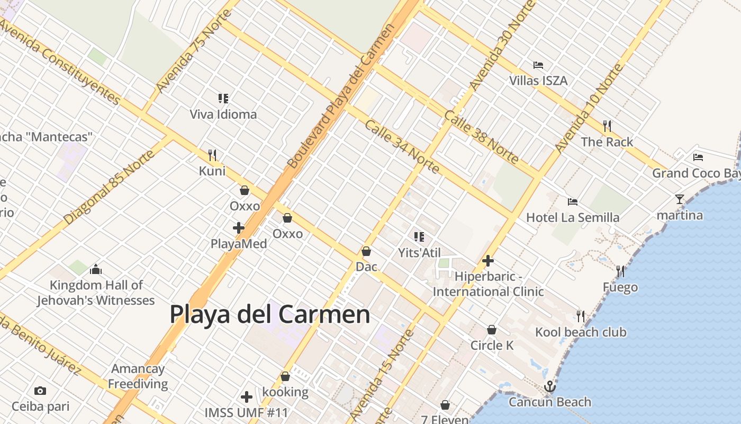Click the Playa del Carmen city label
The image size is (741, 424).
(x=269, y=314)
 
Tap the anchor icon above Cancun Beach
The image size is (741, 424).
(x=549, y=386)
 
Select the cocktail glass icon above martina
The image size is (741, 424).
(x=680, y=199)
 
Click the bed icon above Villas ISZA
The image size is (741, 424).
(x=538, y=65)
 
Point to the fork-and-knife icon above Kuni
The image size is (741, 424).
(x=212, y=155)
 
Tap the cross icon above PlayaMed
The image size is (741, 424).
(x=239, y=228)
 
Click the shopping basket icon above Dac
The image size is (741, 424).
(x=366, y=251)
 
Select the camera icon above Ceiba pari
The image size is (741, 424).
(x=40, y=391)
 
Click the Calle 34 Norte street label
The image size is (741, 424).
(x=402, y=147)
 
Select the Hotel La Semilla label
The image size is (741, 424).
(x=573, y=217)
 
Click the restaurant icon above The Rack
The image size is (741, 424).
(x=607, y=126)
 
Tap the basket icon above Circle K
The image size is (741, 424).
(x=492, y=330)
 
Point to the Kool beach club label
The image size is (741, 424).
(x=581, y=332)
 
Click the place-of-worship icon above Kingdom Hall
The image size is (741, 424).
(x=96, y=270)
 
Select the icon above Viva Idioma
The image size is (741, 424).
(x=223, y=98)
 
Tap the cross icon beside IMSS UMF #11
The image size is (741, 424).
(x=246, y=397)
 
